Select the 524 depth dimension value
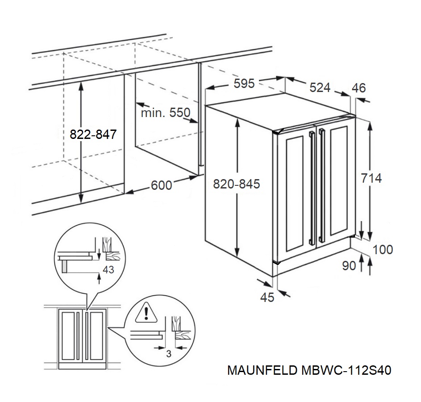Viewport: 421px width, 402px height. (320, 88)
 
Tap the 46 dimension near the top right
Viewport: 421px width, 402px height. (358, 88)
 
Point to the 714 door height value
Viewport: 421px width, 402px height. (371, 178)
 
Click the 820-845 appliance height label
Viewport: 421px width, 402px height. (236, 184)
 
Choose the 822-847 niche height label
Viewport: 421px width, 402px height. (93, 134)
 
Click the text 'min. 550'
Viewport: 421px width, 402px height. (165, 113)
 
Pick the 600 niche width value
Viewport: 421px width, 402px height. (161, 185)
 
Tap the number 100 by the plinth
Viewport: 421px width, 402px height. (383, 249)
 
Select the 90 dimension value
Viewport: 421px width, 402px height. (349, 266)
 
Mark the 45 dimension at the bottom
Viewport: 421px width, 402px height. (267, 297)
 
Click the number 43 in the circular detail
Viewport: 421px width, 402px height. (108, 270)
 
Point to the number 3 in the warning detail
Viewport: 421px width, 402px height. (168, 354)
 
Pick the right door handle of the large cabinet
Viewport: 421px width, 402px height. (321, 185)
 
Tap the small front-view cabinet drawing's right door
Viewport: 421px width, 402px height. (95, 336)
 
